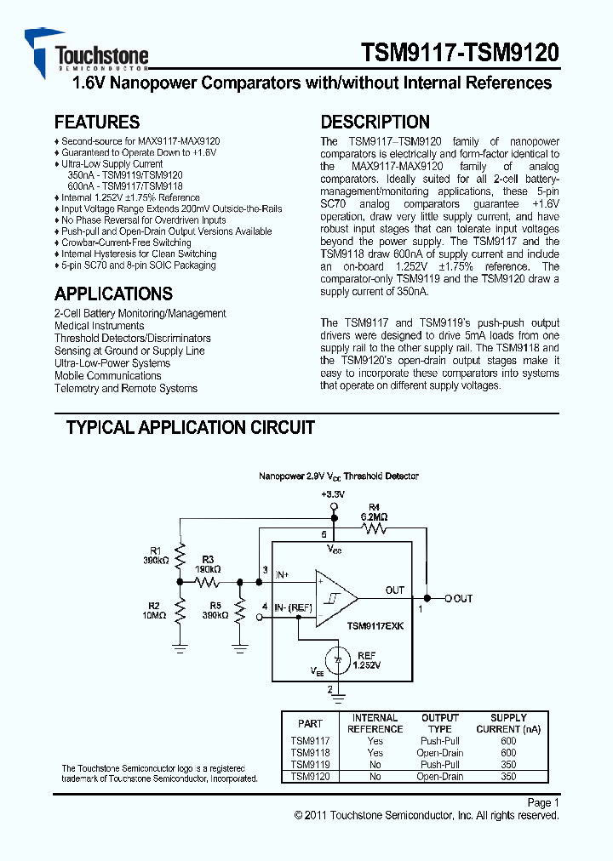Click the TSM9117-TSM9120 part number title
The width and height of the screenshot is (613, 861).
pyautogui.click(x=460, y=53)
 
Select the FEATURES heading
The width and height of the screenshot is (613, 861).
pyautogui.click(x=97, y=122)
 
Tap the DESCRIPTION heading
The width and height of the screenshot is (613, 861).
pyautogui.click(x=375, y=122)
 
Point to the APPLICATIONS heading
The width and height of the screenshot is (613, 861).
pyautogui.click(x=113, y=294)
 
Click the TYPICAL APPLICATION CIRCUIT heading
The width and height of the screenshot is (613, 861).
pyautogui.click(x=191, y=428)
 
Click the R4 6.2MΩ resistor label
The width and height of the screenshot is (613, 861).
pyautogui.click(x=374, y=512)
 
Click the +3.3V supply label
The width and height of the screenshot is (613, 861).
pyautogui.click(x=332, y=493)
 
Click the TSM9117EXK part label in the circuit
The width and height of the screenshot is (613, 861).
pyautogui.click(x=375, y=625)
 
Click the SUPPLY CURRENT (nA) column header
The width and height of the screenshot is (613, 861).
pyautogui.click(x=508, y=723)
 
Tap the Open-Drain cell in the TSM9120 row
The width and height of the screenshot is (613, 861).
pyautogui.click(x=440, y=777)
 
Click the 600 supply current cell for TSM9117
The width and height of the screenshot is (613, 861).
pyautogui.click(x=508, y=741)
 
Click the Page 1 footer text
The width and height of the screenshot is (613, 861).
pyautogui.click(x=543, y=802)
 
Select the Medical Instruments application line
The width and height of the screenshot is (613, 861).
pyautogui.click(x=100, y=326)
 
